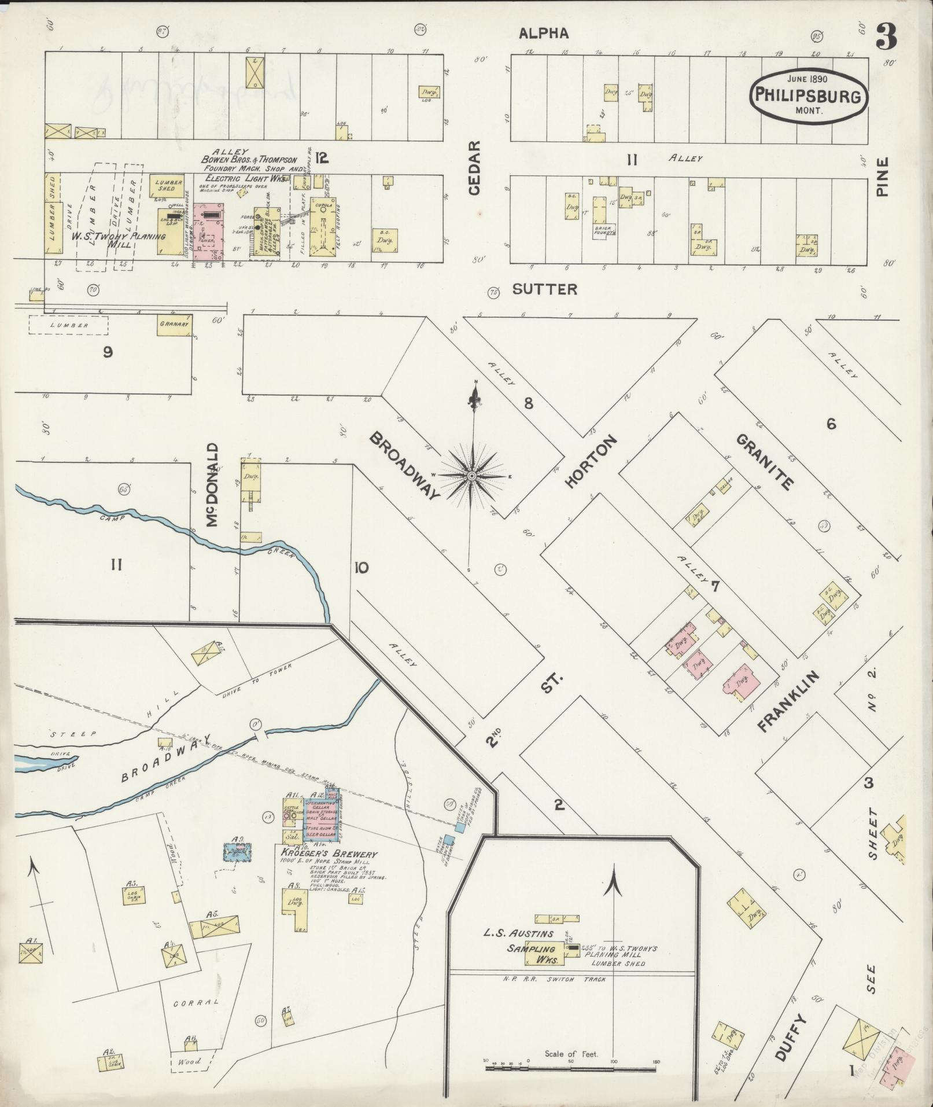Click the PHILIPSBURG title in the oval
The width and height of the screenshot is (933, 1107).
809,96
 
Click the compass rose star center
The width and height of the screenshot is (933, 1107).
471,476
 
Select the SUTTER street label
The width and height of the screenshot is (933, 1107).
544,289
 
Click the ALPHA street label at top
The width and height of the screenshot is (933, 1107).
543,34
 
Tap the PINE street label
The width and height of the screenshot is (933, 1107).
882,177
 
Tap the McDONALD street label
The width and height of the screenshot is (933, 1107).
212,485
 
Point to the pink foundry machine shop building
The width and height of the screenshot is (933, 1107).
209,230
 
